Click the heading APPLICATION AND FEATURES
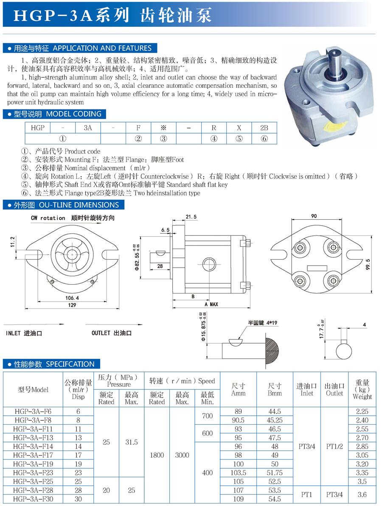click(x=102, y=48)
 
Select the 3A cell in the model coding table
click(x=88, y=128)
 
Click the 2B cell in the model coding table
click(x=264, y=128)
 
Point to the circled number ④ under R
click(x=214, y=138)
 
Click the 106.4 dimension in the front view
click(x=72, y=297)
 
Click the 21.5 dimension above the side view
click(x=191, y=217)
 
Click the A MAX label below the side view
click(x=211, y=305)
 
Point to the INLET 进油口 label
click(x=24, y=333)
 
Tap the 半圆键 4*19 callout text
click(x=263, y=322)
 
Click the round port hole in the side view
click(x=208, y=264)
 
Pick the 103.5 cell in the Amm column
click(x=239, y=472)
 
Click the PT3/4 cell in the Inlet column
click(x=307, y=446)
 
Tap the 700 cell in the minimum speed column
click(x=208, y=416)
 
